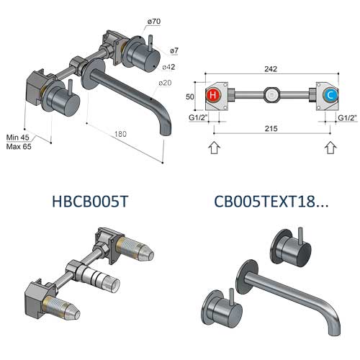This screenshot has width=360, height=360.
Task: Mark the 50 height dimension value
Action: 192,96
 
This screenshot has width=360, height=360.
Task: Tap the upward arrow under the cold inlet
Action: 330,148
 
